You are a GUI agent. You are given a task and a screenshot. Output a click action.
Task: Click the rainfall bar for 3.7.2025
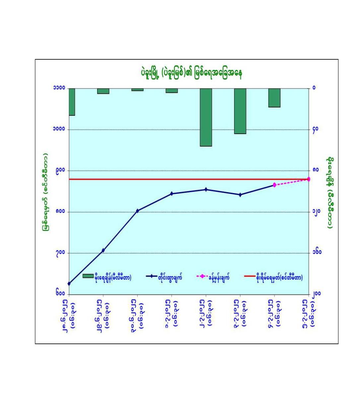(x=240, y=111)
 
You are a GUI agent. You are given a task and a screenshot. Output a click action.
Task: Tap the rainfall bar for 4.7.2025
(x=274, y=98)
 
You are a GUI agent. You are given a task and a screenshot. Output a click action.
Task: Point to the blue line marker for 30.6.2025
(x=137, y=211)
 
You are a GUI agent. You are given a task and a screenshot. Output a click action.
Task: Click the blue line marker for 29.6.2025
(x=103, y=250)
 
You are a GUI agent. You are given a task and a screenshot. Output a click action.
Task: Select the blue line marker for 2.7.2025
(x=206, y=189)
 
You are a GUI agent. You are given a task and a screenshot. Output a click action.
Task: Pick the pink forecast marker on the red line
(x=309, y=179)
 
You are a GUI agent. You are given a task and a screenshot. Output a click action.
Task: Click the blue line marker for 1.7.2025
(x=172, y=193)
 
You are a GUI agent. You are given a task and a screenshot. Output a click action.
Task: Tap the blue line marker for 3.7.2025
(x=240, y=195)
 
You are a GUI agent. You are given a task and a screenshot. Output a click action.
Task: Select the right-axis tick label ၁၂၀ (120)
(x=316, y=212)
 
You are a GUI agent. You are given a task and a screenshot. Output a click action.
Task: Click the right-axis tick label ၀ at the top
(x=313, y=88)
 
